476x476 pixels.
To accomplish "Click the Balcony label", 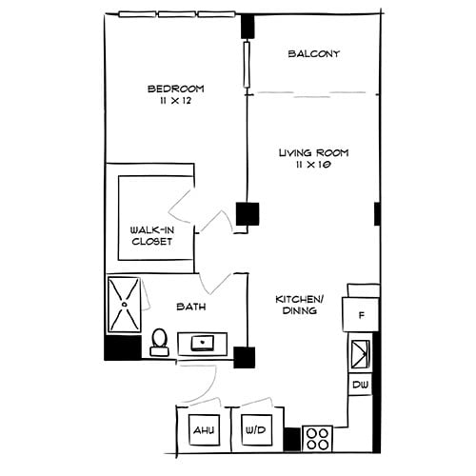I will (x=313, y=54).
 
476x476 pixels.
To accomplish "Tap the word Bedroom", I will (x=175, y=89).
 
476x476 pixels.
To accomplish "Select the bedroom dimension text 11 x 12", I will (x=176, y=101).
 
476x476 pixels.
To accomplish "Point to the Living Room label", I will (x=313, y=152).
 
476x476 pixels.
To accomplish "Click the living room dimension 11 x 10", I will (x=313, y=165).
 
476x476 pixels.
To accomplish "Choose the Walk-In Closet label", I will (x=152, y=235).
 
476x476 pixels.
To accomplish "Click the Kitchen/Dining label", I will (x=300, y=305).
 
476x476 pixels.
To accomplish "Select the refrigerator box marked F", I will (x=362, y=314).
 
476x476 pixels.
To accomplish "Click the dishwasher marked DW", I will (x=360, y=384).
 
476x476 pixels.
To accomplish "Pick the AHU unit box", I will (x=205, y=430).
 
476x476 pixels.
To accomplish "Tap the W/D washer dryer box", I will (x=256, y=430).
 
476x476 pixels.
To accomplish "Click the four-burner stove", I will (x=317, y=438).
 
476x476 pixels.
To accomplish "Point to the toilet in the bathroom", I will (x=160, y=341).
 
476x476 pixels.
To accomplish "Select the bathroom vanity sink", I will (x=202, y=343).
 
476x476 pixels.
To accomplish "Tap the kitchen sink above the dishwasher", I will (x=361, y=354).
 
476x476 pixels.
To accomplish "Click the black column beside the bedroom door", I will (x=248, y=213).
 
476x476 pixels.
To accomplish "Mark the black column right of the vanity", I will (x=245, y=358).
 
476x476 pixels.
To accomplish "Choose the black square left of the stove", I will (x=291, y=439).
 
